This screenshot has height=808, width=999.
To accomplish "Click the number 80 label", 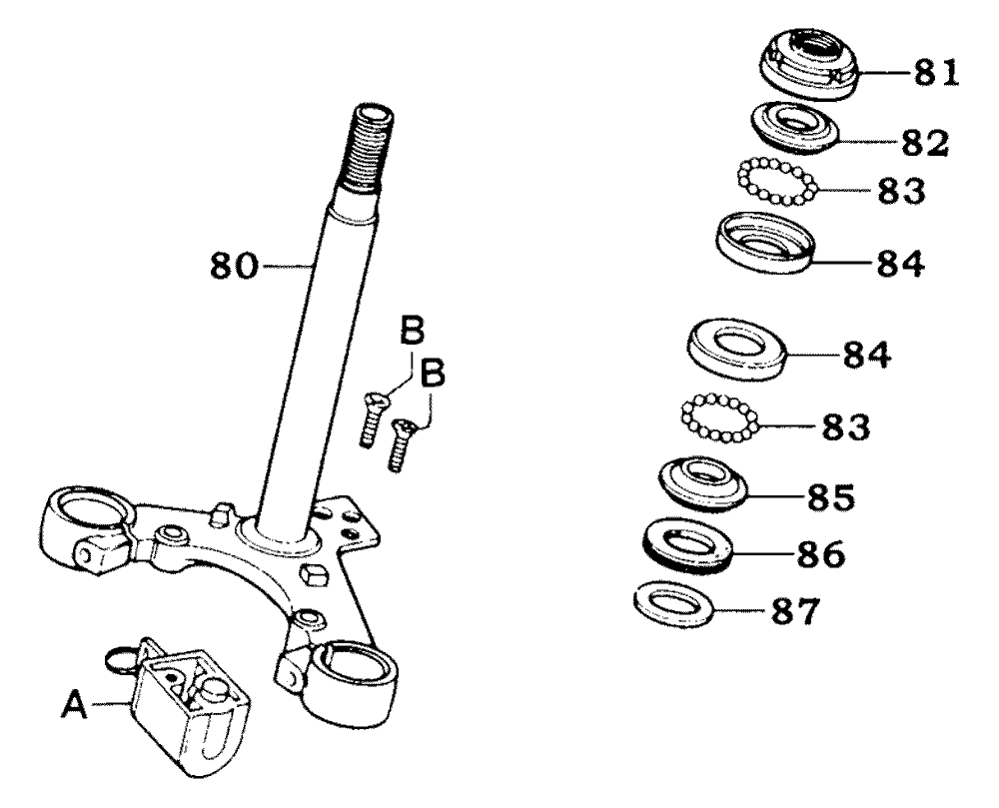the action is pyautogui.click(x=234, y=266).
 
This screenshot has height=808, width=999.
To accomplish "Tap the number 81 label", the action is pyautogui.click(x=937, y=73).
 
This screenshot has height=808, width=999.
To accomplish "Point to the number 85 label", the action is pyautogui.click(x=831, y=497).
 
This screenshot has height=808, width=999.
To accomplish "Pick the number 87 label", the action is pyautogui.click(x=794, y=611).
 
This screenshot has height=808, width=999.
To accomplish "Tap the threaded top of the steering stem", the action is pyautogui.click(x=369, y=151).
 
